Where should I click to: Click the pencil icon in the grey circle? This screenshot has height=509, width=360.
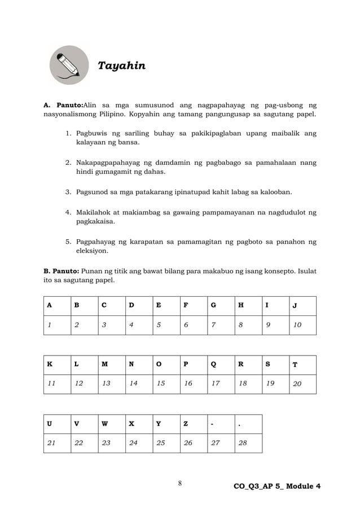point(69,65)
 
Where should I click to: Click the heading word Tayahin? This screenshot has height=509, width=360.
point(121,66)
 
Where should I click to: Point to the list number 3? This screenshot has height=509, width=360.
point(68,192)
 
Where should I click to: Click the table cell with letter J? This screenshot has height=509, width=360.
point(302,306)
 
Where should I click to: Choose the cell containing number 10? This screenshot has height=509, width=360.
point(302,326)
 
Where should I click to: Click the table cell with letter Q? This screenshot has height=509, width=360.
point(221,365)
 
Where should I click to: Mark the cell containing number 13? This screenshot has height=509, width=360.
point(112,384)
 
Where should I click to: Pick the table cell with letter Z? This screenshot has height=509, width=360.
point(194,424)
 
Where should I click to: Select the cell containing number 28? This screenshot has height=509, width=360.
point(248,443)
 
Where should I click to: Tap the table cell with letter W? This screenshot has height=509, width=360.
point(112,424)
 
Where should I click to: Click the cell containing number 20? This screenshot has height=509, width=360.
point(302,384)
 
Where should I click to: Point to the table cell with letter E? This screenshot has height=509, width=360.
point(166,306)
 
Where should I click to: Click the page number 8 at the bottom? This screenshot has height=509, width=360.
point(179,483)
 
